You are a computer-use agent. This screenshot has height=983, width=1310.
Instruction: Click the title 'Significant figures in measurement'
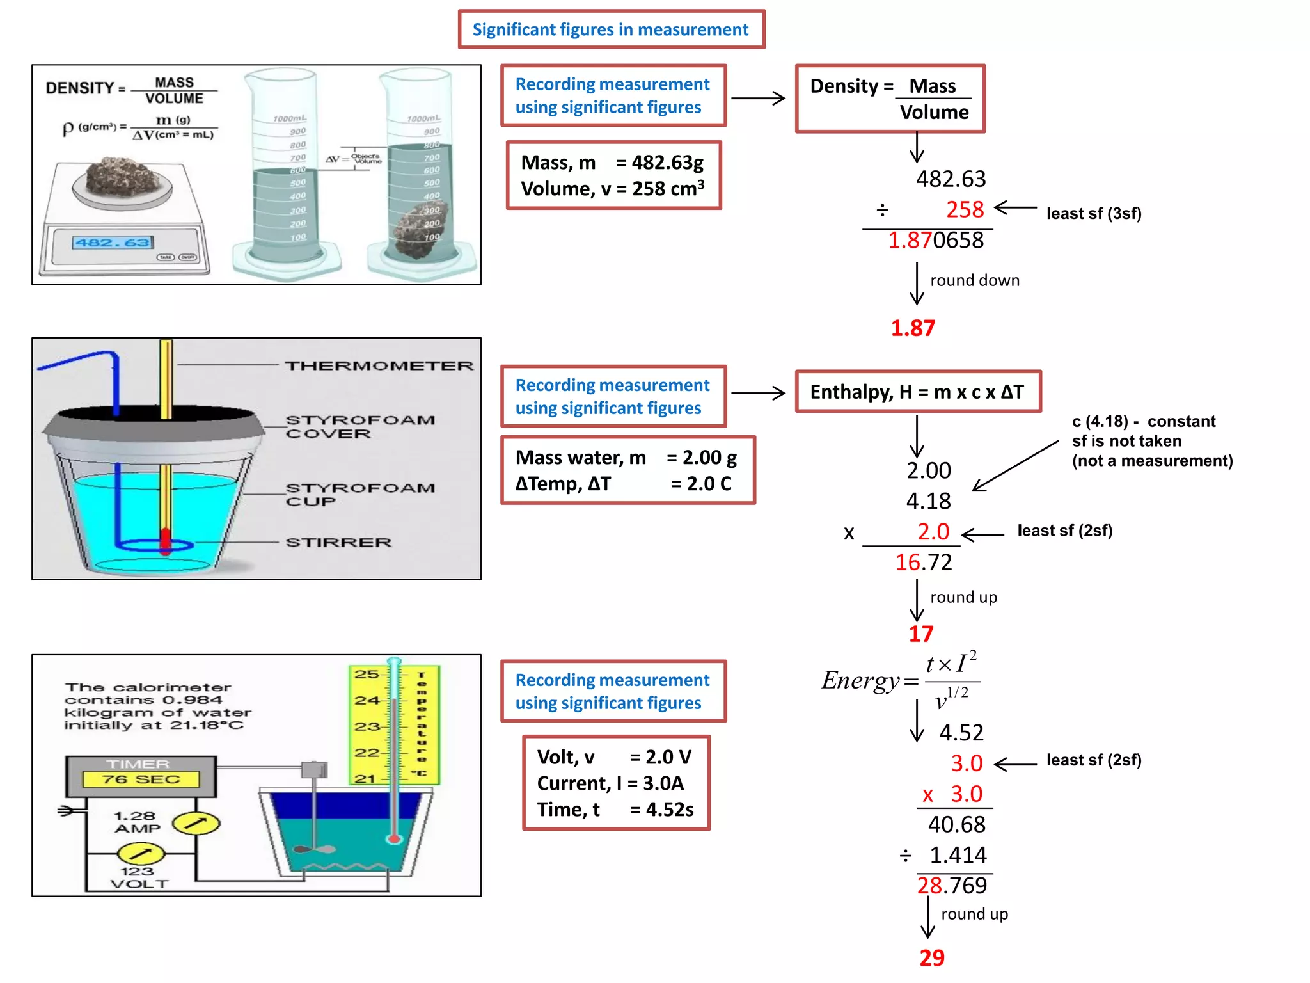point(610,29)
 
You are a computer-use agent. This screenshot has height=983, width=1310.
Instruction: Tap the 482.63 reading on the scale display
point(113,243)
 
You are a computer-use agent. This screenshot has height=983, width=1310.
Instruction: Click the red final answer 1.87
point(913,328)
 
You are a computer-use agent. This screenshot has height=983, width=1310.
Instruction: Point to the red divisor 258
point(965,209)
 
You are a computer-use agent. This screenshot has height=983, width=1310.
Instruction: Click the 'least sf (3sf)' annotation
point(1093,213)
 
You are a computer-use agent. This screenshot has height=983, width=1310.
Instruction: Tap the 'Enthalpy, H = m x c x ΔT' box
point(917,392)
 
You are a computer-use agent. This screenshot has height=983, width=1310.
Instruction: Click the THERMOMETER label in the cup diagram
point(379,365)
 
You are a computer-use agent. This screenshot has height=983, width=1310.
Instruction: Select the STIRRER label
point(338,543)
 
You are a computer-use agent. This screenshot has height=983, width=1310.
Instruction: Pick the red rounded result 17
point(920,634)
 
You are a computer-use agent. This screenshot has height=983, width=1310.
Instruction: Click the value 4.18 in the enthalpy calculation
point(928,501)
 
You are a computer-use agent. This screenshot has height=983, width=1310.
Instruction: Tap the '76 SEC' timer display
point(141,779)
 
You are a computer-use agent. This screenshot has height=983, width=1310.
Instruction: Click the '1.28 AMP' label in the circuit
point(136,822)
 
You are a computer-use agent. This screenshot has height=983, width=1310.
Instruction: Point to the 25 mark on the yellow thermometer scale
point(367,674)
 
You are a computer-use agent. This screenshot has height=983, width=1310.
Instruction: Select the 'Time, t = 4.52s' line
point(615,810)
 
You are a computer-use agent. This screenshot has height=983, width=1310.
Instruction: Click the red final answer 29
point(931,957)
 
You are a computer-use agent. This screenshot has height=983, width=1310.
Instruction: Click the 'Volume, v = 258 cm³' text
point(612,189)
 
